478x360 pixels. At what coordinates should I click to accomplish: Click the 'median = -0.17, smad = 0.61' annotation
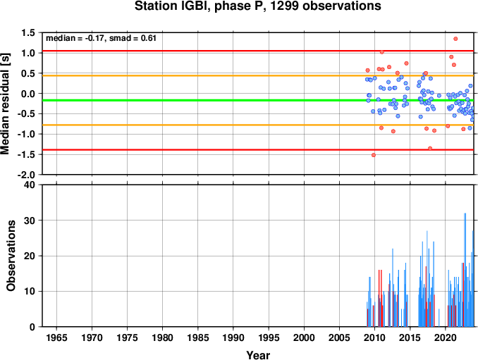click(x=101, y=38)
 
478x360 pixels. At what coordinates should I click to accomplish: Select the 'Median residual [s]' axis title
click(x=5, y=104)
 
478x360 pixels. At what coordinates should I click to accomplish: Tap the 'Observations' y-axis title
click(x=11, y=256)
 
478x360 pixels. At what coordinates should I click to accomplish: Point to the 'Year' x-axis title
click(x=258, y=355)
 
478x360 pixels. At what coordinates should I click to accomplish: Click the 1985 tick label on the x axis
click(x=198, y=337)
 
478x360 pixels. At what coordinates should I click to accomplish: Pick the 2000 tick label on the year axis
click(x=304, y=337)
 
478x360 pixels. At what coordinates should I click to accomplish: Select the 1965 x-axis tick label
click(x=56, y=337)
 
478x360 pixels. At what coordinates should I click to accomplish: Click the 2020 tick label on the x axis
click(x=446, y=337)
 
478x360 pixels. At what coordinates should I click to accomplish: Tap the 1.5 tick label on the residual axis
click(x=28, y=32)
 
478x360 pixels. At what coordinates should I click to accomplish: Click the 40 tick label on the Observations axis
click(x=30, y=185)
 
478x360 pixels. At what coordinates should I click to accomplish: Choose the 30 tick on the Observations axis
click(x=30, y=221)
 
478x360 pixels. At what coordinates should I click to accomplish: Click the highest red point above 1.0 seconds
click(x=455, y=39)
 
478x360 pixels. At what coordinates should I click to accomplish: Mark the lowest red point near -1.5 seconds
click(x=374, y=155)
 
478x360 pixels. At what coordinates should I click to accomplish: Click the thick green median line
click(x=258, y=100)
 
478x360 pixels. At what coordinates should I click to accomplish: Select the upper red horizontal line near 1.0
click(x=258, y=51)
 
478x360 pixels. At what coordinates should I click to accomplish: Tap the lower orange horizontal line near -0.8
click(x=258, y=125)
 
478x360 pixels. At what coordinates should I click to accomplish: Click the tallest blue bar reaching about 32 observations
click(x=465, y=270)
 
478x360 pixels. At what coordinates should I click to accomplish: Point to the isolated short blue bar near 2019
click(x=439, y=318)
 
